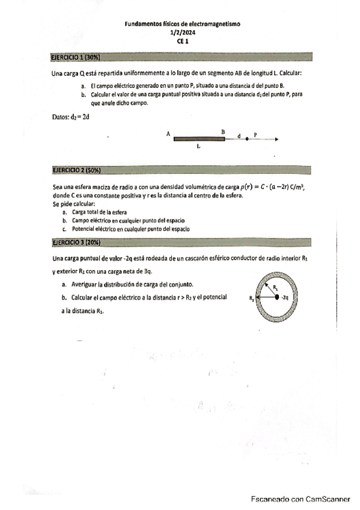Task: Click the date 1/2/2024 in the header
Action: [182, 34]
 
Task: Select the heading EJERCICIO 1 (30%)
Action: [75, 58]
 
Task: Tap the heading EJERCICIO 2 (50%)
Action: [75, 170]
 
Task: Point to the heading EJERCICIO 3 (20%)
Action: [75, 242]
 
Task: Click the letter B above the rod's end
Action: [223, 131]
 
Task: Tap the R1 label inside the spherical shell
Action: [275, 288]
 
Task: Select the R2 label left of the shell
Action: [251, 297]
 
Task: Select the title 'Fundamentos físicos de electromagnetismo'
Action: [182, 25]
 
